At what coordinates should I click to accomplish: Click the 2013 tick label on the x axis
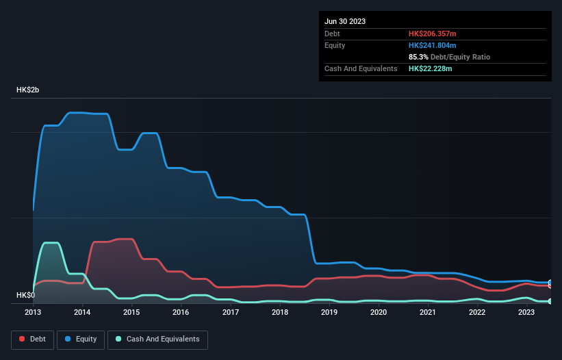pos(33,312)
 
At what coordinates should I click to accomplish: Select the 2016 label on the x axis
pos(181,312)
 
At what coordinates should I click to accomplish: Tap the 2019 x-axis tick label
pos(329,312)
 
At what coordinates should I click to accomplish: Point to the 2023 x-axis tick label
pos(526,312)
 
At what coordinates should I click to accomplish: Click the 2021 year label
pos(428,312)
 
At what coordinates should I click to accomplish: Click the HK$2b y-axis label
pos(29,90)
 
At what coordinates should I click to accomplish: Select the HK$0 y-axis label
pos(27,295)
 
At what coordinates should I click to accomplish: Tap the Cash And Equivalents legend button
pos(157,339)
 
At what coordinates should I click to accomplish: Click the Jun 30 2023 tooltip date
pos(345,21)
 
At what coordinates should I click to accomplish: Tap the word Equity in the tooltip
pos(335,45)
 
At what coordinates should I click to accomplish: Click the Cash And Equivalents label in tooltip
pos(361,68)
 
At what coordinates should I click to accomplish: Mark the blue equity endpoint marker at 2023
pos(550,283)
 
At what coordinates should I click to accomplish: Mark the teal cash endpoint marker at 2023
pos(550,301)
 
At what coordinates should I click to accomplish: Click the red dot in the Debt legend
pos(22,339)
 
